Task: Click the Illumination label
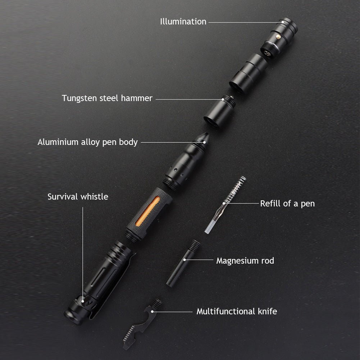click(x=183, y=22)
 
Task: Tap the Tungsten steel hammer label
click(x=107, y=98)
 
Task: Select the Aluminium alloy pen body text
click(x=87, y=142)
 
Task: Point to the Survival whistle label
click(x=78, y=196)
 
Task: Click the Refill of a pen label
click(x=287, y=204)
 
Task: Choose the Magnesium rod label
click(x=245, y=261)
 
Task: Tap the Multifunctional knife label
click(x=237, y=311)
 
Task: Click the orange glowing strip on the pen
click(x=147, y=211)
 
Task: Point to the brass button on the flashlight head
click(x=278, y=36)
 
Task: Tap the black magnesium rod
click(x=183, y=263)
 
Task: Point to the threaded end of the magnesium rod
click(x=194, y=245)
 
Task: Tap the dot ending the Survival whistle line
click(x=83, y=301)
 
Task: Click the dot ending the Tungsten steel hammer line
click(x=223, y=99)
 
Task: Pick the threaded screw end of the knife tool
click(x=157, y=304)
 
